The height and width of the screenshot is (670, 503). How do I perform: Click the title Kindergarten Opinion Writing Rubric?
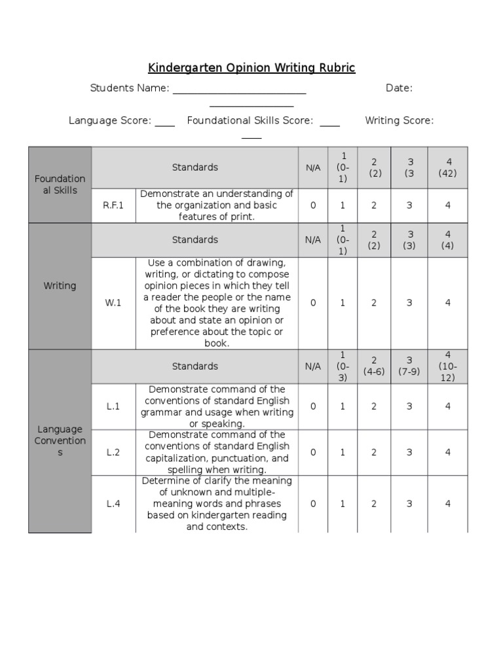pos(251,68)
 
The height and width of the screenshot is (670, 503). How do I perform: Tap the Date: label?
pos(399,88)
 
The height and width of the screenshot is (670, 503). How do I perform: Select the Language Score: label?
pos(110,120)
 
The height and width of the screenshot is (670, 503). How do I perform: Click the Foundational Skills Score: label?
pos(250,120)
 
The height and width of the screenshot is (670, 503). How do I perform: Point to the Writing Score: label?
pos(399,120)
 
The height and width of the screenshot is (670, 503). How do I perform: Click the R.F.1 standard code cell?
pos(113,205)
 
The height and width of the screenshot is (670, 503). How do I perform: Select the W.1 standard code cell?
pos(113,303)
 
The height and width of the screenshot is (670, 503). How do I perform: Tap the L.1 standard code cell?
pos(113,406)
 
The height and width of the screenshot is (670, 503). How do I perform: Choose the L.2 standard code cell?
pos(113,452)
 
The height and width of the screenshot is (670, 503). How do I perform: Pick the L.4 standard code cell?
pos(113,504)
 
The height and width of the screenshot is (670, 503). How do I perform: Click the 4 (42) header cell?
pos(448,167)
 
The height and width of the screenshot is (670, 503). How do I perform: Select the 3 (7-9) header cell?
pos(409,366)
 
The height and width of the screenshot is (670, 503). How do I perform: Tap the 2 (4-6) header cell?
pos(374,366)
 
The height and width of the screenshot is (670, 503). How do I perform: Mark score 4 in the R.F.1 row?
pos(448,205)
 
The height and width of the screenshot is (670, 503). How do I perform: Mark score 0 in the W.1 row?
pos(313,303)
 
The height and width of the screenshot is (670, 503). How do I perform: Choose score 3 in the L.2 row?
pos(409,452)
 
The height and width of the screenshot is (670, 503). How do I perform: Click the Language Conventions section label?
pos(60,440)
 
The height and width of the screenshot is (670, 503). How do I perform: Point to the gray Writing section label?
pos(60,286)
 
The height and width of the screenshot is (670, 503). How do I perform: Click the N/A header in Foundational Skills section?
pos(313,167)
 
